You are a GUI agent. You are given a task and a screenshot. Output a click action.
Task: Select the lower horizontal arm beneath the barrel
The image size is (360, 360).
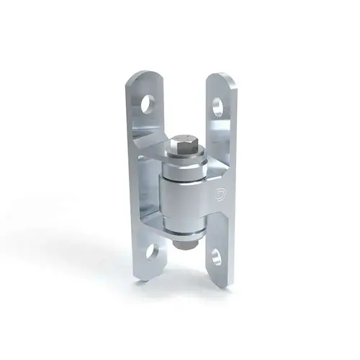point(155,238)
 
